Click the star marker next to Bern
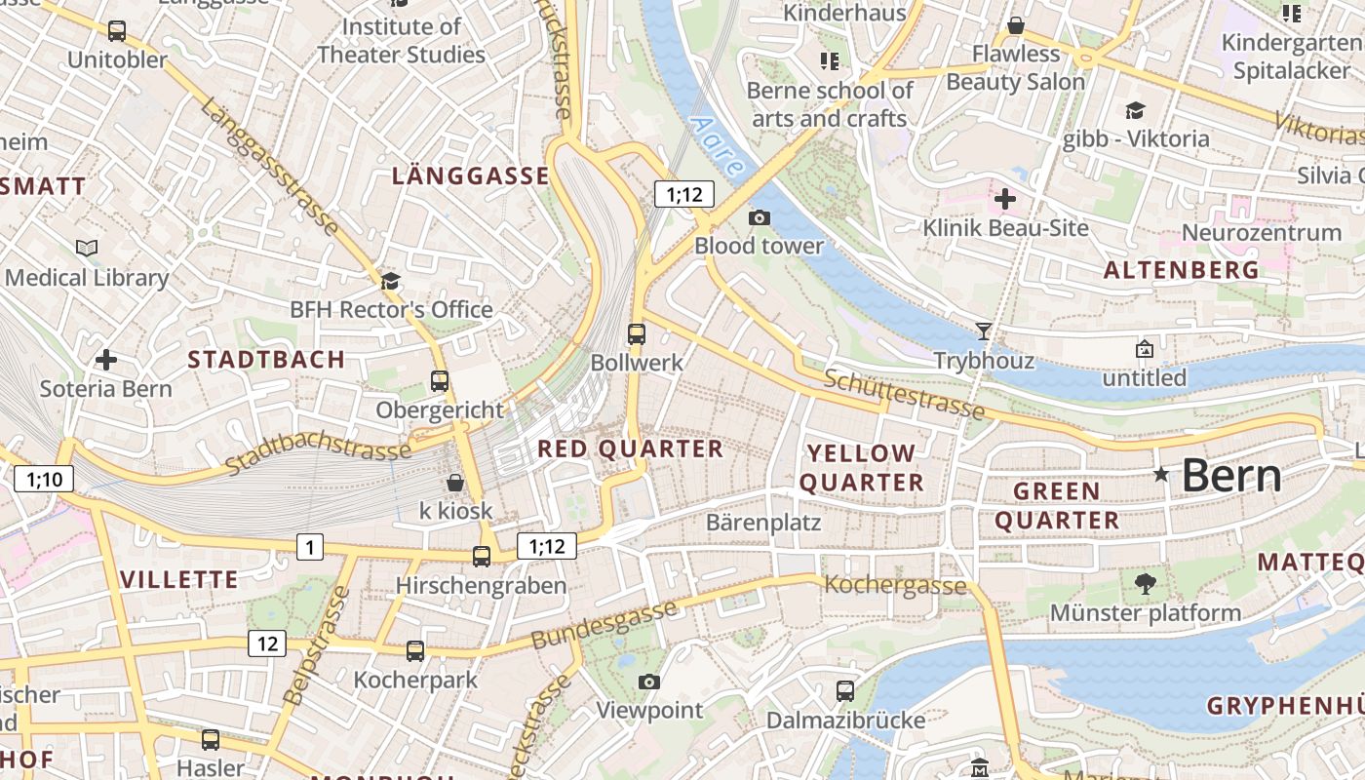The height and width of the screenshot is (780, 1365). [1160, 475]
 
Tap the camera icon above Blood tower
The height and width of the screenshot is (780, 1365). [759, 217]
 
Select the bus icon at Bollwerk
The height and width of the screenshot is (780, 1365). [637, 334]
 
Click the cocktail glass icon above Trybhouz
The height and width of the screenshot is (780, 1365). [983, 331]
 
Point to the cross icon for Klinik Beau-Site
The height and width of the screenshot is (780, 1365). [1004, 200]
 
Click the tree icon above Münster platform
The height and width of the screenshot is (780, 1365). [1145, 584]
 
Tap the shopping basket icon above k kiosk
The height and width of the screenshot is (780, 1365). [455, 483]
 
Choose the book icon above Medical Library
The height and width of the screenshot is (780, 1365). [87, 249]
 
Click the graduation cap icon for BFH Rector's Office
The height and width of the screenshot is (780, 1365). [390, 282]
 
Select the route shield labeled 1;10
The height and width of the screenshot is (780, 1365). [44, 479]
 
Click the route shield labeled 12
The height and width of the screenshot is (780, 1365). [267, 643]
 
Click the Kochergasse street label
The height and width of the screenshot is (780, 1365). [895, 585]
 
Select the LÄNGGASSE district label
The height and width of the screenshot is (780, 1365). [470, 175]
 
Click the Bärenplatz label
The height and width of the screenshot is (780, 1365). [763, 523]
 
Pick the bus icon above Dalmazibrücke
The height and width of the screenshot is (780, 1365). [845, 691]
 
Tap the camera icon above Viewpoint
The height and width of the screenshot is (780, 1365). [649, 682]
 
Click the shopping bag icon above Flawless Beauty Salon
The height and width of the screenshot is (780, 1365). [1016, 25]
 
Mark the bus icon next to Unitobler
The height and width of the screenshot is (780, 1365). [117, 31]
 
